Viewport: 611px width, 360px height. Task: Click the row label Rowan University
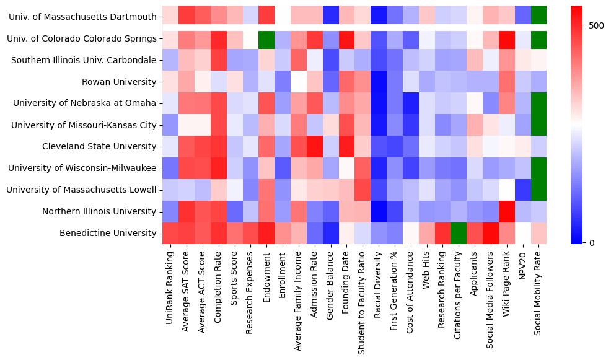coord(119,82)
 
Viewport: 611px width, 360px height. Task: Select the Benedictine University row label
coord(107,233)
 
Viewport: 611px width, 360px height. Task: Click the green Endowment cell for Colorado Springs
coord(266,38)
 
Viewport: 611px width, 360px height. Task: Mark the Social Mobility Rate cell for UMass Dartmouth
coord(539,17)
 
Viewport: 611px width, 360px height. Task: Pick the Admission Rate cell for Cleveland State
coord(314,147)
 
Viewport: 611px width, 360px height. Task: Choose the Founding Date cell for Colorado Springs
coord(346,38)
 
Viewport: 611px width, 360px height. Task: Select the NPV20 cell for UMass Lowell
coord(523,190)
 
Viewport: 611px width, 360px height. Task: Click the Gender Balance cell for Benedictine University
coord(330,233)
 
